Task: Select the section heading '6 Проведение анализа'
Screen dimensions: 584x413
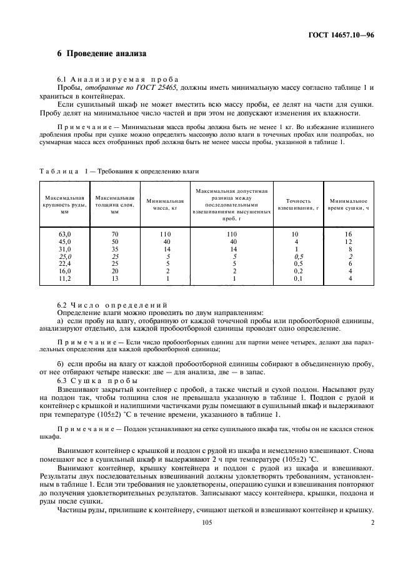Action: coord(102,54)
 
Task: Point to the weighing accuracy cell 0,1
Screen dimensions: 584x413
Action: coord(297,278)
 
